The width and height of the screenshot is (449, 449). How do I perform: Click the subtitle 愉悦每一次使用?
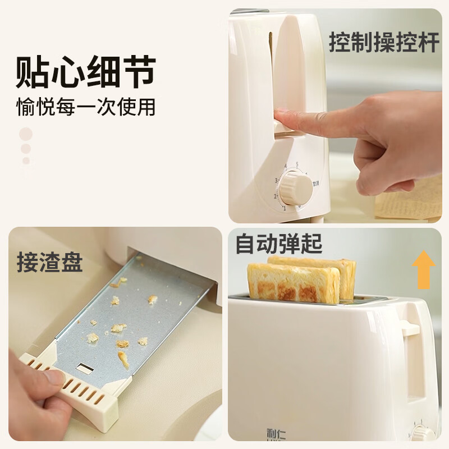[85, 107]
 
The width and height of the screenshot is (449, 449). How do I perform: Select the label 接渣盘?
[49, 262]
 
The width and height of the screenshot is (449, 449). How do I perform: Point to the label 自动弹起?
[279, 245]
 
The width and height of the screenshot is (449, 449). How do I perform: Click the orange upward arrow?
[424, 269]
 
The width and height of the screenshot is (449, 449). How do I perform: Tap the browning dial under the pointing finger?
[296, 189]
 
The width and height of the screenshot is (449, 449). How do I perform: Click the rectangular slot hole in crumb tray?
[86, 369]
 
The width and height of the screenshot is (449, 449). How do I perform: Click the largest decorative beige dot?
[26, 134]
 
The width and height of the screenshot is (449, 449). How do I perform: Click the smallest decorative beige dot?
[26, 161]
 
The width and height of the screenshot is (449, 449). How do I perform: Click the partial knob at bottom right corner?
[423, 435]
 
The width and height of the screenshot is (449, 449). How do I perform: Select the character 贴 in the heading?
[33, 71]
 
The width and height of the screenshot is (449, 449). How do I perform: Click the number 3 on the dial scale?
[277, 181]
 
